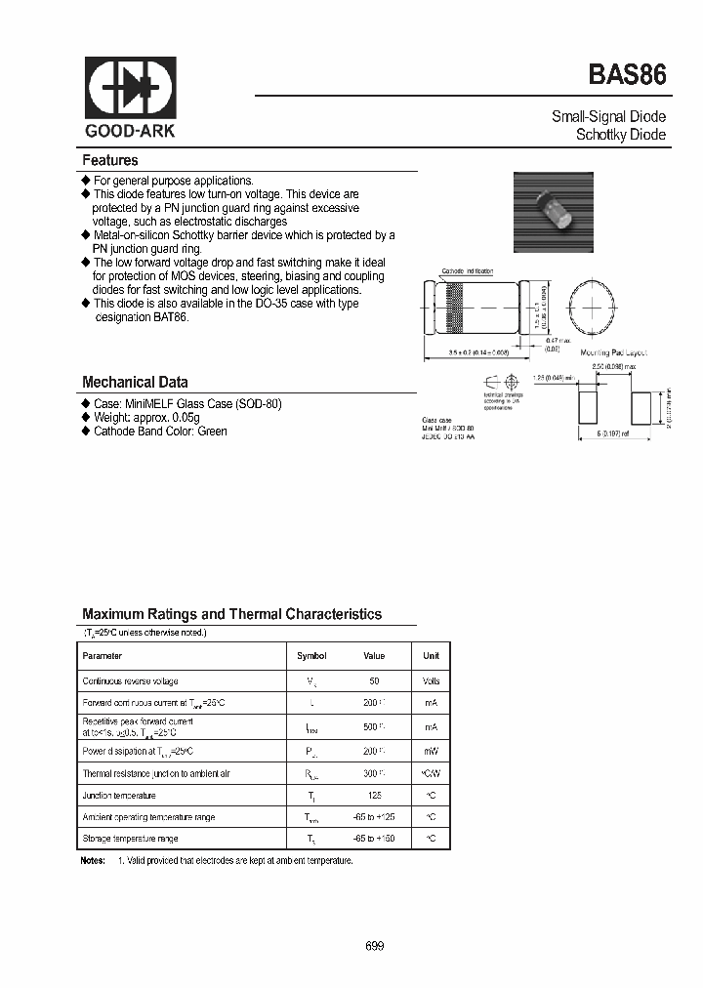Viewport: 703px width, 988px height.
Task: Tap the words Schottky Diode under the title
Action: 621,135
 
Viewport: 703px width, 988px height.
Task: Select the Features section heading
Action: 110,160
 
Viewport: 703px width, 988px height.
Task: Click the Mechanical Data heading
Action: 135,383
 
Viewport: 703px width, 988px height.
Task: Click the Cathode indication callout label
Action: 467,270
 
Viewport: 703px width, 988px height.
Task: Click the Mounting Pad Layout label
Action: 613,352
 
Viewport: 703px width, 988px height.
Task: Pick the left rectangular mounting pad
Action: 589,403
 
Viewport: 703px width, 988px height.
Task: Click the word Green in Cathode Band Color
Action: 212,431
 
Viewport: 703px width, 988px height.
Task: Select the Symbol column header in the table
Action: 311,656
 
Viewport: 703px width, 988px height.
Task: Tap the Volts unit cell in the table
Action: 431,680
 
